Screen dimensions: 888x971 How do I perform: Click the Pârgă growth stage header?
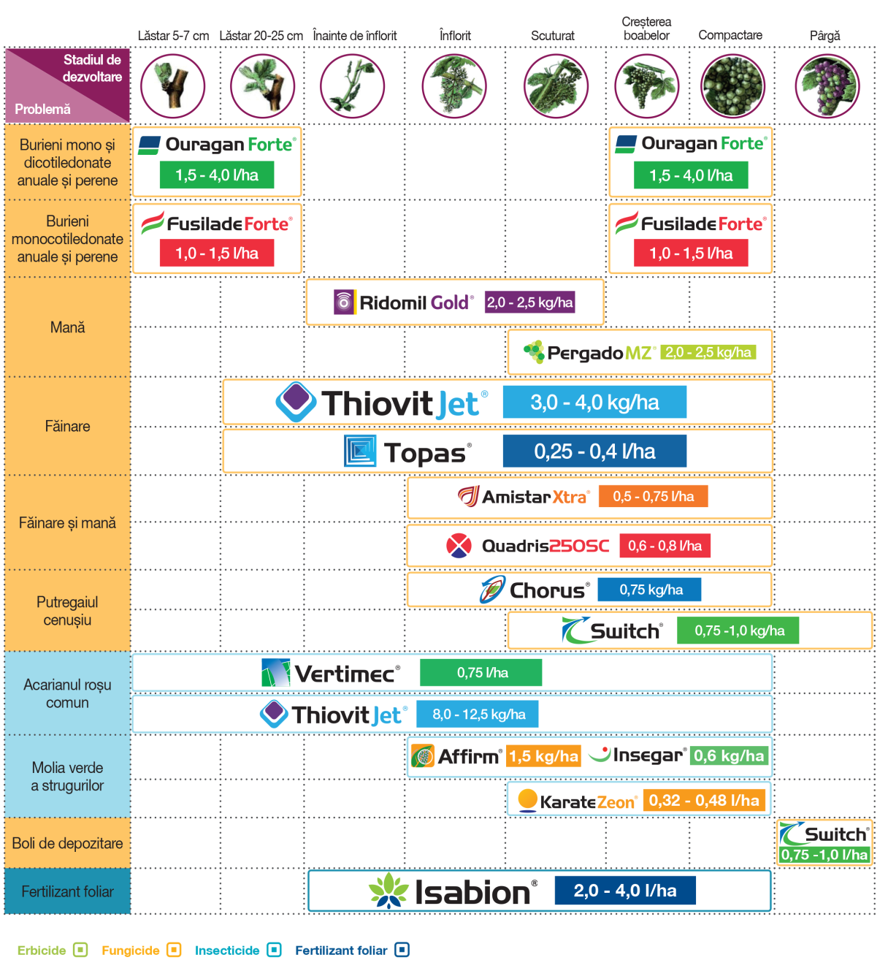(824, 36)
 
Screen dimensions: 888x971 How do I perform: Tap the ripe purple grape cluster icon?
(827, 85)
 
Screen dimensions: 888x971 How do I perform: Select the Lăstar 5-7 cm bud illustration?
(173, 85)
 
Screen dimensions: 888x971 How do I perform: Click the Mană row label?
(67, 327)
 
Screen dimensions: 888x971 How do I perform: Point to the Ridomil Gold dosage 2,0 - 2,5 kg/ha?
(529, 302)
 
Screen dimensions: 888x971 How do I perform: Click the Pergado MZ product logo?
(589, 352)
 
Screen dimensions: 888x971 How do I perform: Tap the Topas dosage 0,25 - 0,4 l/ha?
(594, 451)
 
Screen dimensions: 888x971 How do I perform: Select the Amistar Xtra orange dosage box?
(653, 496)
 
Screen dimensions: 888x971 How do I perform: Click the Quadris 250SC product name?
(545, 546)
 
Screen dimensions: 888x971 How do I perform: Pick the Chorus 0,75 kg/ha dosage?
(649, 590)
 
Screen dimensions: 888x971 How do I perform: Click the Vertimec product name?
(347, 674)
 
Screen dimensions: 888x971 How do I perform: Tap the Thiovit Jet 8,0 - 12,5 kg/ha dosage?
(477, 714)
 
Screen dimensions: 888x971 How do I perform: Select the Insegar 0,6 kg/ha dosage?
(729, 755)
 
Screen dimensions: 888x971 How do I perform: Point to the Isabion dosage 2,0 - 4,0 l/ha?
(625, 891)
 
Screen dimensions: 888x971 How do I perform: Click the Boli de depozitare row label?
(67, 843)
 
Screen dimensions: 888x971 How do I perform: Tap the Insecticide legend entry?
(237, 951)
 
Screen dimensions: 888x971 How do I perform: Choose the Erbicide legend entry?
(53, 951)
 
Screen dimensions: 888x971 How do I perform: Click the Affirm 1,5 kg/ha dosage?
(543, 756)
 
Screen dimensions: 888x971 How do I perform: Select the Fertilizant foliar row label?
(67, 891)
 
